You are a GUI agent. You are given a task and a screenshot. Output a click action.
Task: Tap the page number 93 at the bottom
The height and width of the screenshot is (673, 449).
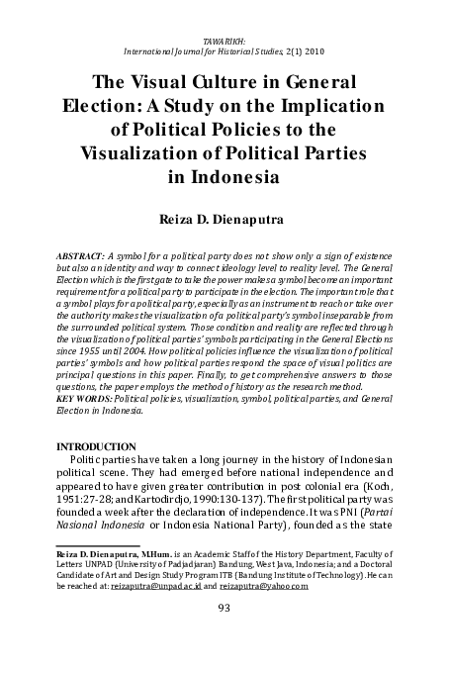[224, 608]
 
